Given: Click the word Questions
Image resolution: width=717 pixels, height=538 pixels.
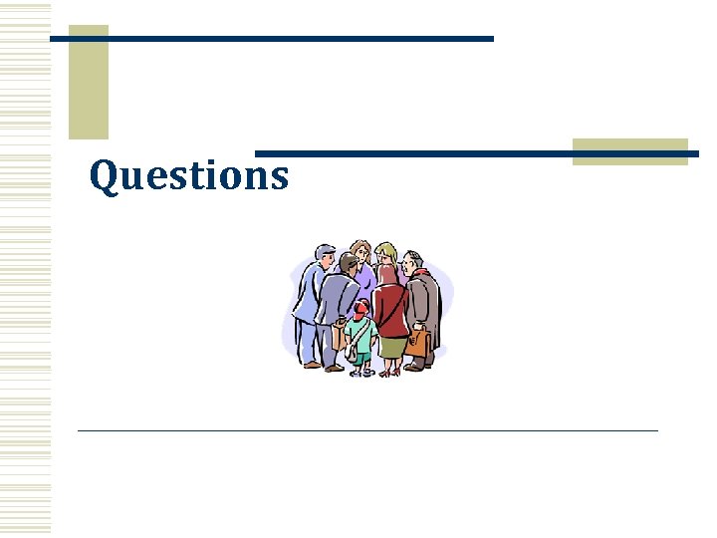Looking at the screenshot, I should [189, 175].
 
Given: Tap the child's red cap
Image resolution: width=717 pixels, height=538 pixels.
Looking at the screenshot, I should [362, 307].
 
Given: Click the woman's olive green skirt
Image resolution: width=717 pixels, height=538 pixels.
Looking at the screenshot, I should [391, 347].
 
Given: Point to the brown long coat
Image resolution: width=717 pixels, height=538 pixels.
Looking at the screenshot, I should [423, 304].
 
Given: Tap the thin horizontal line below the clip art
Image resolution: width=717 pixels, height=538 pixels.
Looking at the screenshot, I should [368, 430].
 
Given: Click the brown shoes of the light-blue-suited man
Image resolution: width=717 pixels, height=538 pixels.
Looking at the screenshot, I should [315, 366].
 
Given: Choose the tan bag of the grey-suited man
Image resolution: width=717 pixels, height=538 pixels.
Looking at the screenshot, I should [340, 339].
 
